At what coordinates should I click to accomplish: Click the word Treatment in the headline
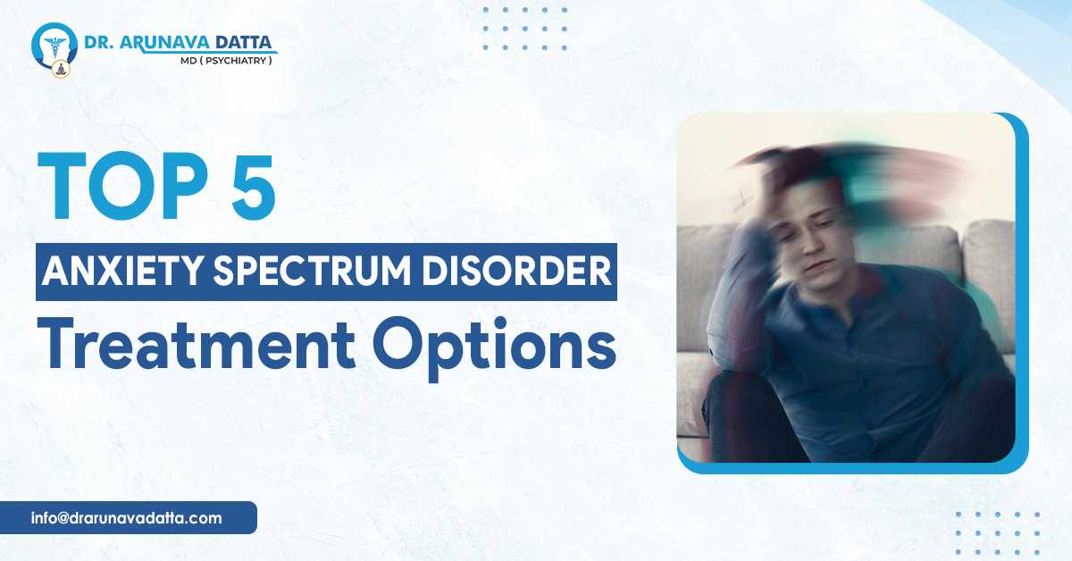click(161, 347)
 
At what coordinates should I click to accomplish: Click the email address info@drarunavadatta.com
click(125, 517)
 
